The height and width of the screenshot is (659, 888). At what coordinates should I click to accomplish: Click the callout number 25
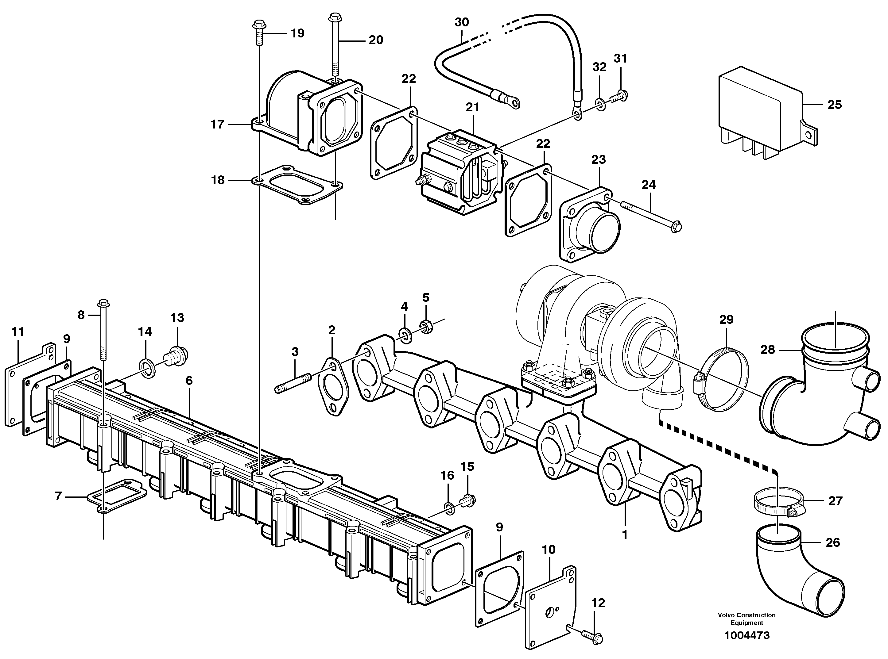835,105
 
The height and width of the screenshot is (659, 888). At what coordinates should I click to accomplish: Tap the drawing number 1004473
747,635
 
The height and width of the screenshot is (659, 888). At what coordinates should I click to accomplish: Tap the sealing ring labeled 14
146,365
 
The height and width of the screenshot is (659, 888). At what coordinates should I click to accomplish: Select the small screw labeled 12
592,638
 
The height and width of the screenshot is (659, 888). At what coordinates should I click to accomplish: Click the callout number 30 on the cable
462,22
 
